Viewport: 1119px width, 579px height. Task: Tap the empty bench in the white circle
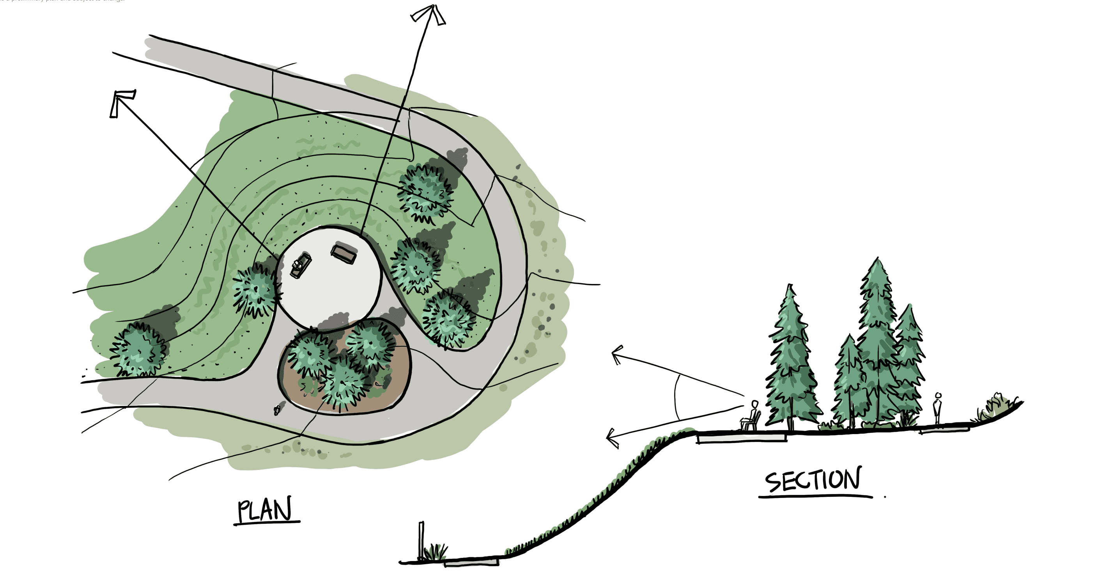click(344, 254)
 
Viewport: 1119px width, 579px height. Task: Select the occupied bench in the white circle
click(301, 265)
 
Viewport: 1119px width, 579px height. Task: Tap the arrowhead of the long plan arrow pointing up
click(430, 13)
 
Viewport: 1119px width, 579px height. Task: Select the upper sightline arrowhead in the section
click(616, 354)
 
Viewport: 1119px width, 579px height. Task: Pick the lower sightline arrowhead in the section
click(612, 437)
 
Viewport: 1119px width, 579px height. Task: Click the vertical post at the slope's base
click(421, 540)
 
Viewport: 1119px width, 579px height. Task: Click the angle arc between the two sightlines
click(676, 397)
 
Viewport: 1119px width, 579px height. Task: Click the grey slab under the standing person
click(944, 430)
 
